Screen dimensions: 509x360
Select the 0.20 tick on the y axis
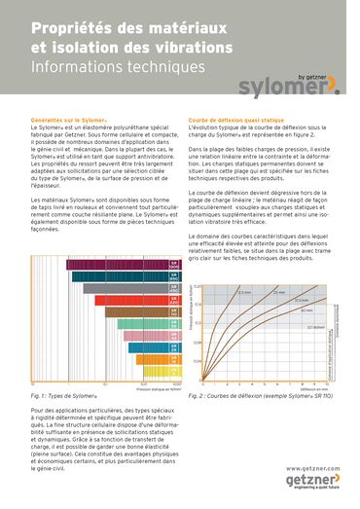coord(198,288)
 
